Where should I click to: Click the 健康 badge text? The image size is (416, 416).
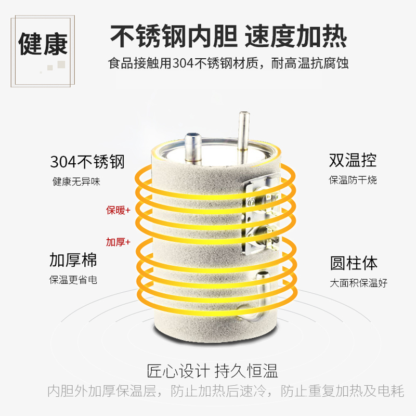(x=43, y=44)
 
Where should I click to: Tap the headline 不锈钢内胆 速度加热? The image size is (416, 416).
(x=228, y=36)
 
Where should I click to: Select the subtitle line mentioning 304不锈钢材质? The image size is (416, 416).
(x=228, y=63)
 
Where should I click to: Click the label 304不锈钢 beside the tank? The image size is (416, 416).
(x=87, y=162)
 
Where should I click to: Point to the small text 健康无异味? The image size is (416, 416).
(x=76, y=181)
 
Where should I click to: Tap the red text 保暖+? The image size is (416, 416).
(x=119, y=210)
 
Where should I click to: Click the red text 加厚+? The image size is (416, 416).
(x=119, y=242)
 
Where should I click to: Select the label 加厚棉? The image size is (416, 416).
(x=73, y=260)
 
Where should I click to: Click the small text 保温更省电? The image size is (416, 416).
(x=73, y=280)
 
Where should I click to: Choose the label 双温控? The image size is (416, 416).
(x=353, y=160)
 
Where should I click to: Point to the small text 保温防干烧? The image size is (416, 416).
(x=353, y=180)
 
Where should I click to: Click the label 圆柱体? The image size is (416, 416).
(x=354, y=263)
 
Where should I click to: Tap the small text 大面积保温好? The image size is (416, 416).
(x=358, y=283)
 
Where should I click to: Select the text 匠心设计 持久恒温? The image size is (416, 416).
(x=213, y=371)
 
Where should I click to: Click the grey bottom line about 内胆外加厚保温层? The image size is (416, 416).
(x=226, y=391)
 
